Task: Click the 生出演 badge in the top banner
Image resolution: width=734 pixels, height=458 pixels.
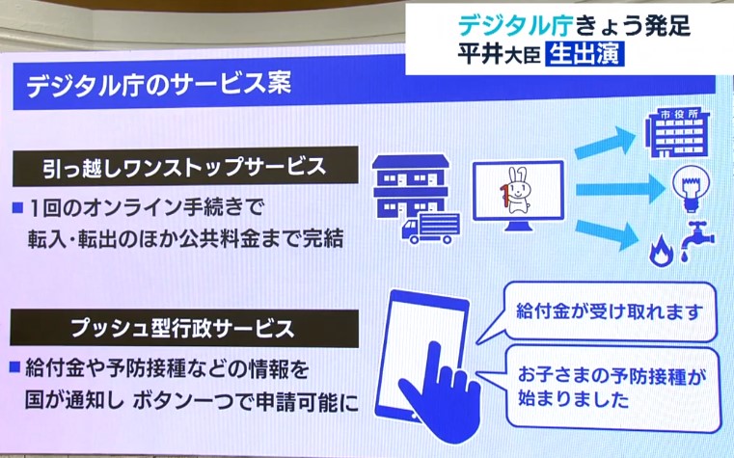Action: tap(584, 55)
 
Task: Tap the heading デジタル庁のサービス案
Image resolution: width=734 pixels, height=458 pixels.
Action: tap(159, 84)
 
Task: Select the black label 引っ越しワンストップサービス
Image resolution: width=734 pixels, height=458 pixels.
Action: tap(184, 167)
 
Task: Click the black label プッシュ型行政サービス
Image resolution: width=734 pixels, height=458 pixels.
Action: tap(184, 328)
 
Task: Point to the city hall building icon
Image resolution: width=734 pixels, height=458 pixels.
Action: tap(676, 133)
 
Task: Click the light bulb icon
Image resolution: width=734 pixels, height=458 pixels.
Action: tap(691, 190)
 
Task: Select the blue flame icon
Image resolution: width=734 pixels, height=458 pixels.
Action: tap(661, 251)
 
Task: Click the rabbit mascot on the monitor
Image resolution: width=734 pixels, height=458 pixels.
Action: tap(515, 190)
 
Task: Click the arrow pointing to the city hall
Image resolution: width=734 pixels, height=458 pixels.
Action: tap(605, 142)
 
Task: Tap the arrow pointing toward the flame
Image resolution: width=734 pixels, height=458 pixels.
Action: tap(608, 235)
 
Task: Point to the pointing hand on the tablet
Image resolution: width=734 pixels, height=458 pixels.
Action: tap(438, 394)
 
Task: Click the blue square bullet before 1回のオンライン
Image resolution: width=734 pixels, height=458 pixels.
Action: tap(17, 207)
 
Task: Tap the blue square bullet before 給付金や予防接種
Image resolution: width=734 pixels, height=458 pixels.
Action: tap(15, 367)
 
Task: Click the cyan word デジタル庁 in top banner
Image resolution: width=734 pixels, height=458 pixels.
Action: tap(514, 25)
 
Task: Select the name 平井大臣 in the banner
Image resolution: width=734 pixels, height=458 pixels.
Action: tap(499, 54)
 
